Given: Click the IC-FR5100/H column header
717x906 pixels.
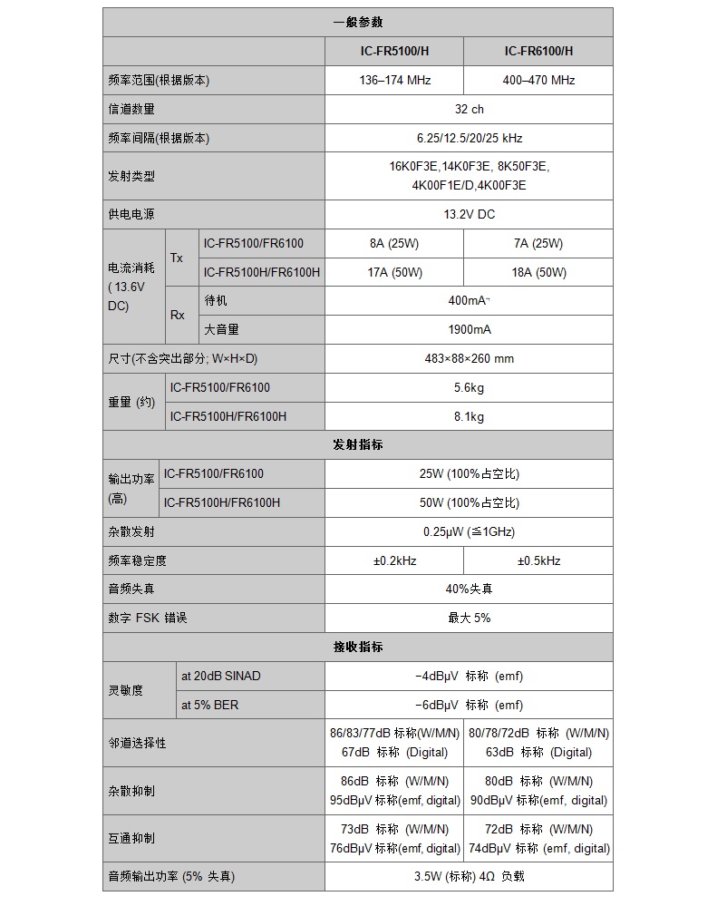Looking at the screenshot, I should point(393,51).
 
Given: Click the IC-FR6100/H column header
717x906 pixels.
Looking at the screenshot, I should point(538,51).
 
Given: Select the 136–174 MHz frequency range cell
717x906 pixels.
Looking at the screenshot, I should point(393,80).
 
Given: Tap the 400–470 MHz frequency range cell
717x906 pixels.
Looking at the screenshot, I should point(538,80).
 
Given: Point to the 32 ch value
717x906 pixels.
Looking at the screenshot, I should point(469,109).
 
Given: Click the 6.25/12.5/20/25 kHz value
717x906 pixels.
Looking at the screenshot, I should point(469,138).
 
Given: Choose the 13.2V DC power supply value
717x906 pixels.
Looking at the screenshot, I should point(469,214).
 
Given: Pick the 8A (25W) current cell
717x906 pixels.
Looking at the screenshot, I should point(393,243).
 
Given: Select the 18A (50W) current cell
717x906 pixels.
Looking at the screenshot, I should point(538,272).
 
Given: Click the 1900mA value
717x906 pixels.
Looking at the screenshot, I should point(469,329).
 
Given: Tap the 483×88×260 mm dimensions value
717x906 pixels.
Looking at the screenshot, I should point(469,358).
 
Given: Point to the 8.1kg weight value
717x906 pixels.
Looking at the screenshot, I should point(469,416).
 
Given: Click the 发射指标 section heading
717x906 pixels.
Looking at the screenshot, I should point(358,444).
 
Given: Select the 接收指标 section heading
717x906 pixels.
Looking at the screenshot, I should point(358,647).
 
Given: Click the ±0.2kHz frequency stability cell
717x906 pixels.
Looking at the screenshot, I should point(393,560).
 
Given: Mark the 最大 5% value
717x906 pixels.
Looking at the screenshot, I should point(469,618).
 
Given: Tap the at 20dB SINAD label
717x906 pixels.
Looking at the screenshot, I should point(220,676).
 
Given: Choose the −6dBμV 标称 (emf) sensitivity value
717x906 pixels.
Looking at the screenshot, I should point(469,705).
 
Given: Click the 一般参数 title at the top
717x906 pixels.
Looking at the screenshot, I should point(358,22).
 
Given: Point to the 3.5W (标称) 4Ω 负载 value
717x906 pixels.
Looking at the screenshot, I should point(469,876).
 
